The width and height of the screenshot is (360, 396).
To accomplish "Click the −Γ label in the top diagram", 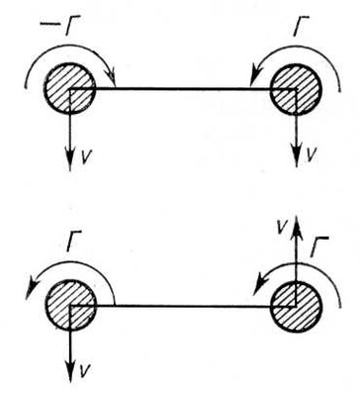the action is point(59,27).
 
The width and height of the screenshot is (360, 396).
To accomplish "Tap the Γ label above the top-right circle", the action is point(301,28).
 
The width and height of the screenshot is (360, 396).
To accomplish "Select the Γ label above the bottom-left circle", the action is point(73,241).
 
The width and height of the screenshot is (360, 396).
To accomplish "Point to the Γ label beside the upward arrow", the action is point(318,247).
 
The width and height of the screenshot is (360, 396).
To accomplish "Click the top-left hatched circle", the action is point(69,89).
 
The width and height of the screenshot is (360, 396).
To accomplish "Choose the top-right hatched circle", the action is point(296,89).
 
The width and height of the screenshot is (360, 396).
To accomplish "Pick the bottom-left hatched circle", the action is point(70,305).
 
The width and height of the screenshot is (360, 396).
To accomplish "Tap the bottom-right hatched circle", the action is point(296,306).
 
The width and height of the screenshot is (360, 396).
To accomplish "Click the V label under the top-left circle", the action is point(85,157).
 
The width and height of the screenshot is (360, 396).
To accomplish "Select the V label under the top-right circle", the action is point(312,154).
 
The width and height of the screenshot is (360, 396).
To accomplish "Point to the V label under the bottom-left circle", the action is point(85,371).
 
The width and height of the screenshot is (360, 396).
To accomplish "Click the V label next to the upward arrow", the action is point(281,228).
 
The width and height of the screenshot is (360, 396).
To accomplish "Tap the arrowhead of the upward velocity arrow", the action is point(297,225).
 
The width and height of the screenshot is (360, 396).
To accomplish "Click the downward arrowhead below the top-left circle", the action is point(69,160).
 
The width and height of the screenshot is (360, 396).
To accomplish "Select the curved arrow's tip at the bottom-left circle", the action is point(28,296).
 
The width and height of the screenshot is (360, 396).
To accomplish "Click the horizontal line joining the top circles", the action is point(183,88).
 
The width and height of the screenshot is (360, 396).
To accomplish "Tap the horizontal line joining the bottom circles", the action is point(183,307).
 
